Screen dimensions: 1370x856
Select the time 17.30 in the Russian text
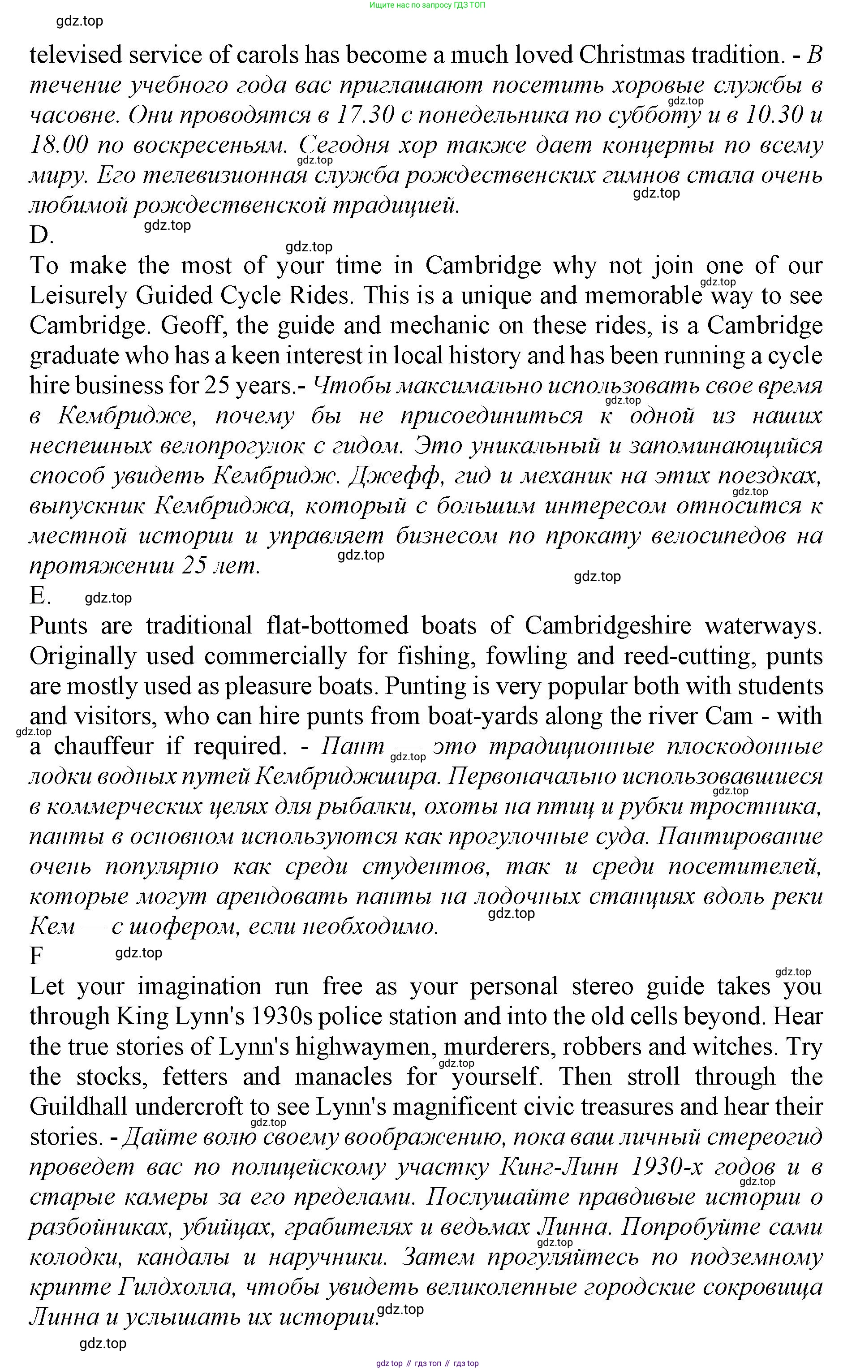tap(365, 116)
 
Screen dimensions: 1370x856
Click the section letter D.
tap(41, 235)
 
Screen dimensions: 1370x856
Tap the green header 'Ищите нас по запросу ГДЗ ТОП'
tap(427, 5)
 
